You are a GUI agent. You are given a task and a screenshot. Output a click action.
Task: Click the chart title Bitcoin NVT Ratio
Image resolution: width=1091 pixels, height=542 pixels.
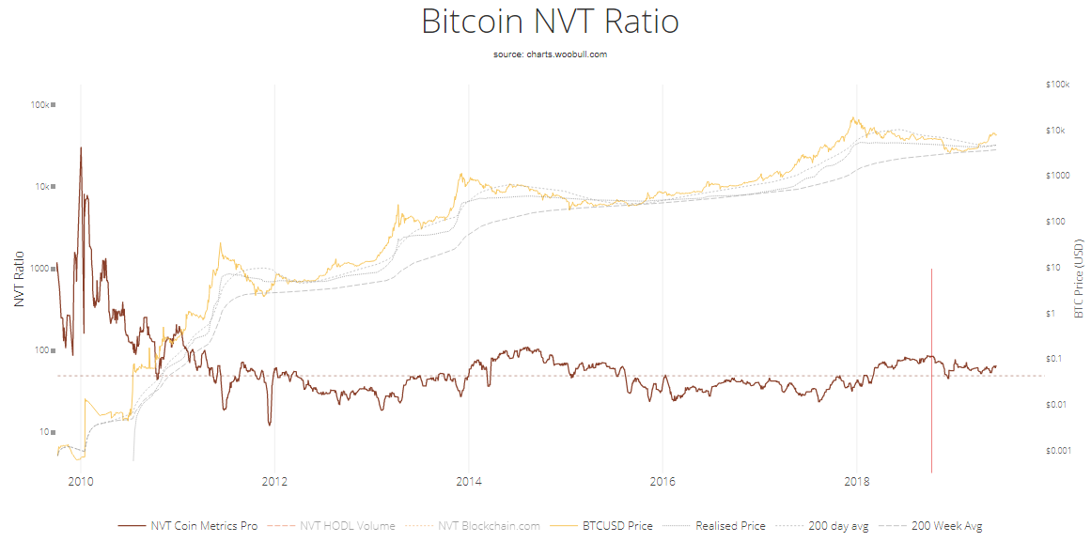tap(550, 22)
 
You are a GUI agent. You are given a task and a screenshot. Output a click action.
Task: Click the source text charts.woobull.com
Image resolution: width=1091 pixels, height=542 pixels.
tap(550, 54)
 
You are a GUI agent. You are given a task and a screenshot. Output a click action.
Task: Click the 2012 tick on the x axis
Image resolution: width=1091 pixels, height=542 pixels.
tap(274, 482)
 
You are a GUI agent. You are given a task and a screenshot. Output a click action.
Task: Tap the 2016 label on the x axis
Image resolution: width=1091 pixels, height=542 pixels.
tap(662, 482)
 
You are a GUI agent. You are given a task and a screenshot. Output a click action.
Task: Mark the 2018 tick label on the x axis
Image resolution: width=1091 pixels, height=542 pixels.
tap(857, 482)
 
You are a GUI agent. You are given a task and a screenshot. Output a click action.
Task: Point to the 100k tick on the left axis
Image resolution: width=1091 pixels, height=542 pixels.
tap(39, 105)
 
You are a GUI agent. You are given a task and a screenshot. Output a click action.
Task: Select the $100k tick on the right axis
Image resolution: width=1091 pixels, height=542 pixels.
tap(1057, 85)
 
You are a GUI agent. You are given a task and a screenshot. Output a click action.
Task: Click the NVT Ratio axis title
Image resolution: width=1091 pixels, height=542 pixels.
tap(20, 279)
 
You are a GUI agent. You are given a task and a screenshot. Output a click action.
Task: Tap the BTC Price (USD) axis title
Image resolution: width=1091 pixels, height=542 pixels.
tap(1079, 278)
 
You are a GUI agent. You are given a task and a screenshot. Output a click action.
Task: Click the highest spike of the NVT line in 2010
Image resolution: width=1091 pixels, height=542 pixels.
tap(81, 147)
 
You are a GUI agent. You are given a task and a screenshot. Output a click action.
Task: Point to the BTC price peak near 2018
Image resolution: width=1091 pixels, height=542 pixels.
tap(852, 118)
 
